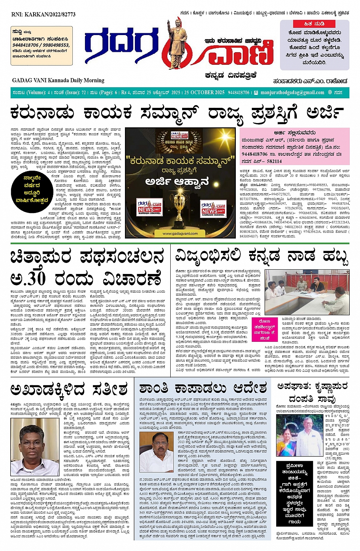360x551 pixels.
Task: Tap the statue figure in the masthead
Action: tap(176, 42)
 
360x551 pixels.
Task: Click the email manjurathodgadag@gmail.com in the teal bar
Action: tap(293, 93)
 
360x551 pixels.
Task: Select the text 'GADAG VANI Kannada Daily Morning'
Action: tap(58, 80)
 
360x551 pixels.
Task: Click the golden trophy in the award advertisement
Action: tap(181, 208)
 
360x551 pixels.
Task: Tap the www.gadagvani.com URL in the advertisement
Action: tap(180, 234)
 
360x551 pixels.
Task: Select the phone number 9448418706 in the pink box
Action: tap(254, 154)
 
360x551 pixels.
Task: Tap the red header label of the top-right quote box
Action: tap(314, 24)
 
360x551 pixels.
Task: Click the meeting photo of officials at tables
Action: tap(307, 292)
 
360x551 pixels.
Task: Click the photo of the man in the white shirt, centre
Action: tap(157, 453)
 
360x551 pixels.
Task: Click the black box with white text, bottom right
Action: tap(292, 493)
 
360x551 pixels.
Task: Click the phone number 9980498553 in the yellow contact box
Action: tap(56, 45)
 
